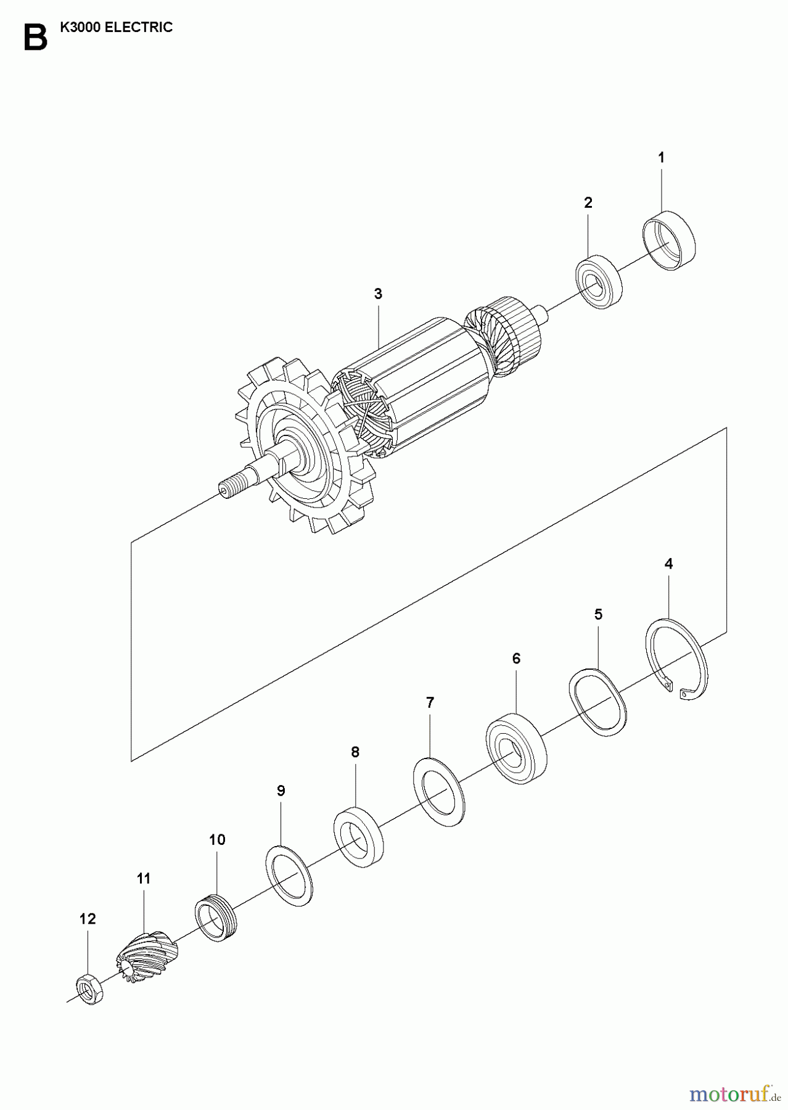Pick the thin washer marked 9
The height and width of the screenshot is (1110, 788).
289,876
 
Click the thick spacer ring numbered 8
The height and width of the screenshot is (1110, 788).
358,835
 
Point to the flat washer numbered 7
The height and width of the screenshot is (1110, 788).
439,792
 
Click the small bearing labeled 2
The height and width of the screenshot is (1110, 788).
599,281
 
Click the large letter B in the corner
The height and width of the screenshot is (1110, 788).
35,38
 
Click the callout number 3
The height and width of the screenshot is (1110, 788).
378,294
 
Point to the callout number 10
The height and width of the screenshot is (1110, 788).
217,839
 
